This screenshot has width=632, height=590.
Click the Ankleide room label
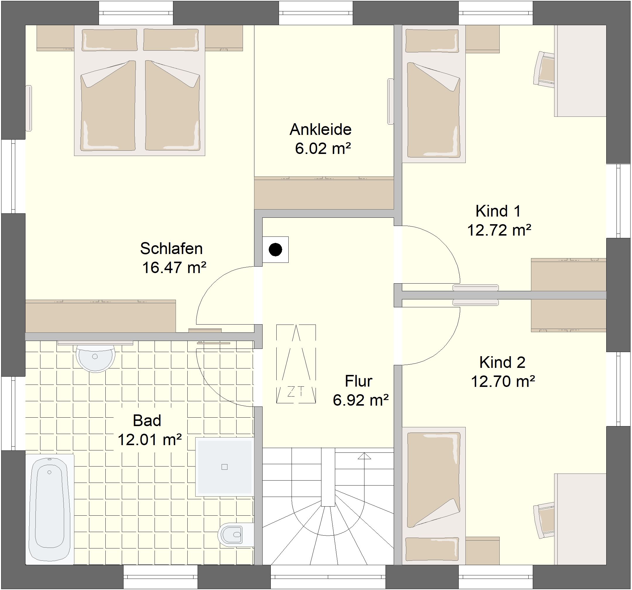[x=321, y=129]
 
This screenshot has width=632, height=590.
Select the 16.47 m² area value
[x=174, y=268]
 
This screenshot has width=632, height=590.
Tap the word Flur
[x=359, y=381]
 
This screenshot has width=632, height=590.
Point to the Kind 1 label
[x=498, y=211]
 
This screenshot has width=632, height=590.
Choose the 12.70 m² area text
[x=503, y=381]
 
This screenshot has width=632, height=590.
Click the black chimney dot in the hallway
[x=275, y=250]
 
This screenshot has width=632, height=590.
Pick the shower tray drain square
[x=225, y=467]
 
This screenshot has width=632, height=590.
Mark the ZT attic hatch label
[x=296, y=392]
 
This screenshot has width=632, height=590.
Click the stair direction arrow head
[x=364, y=456]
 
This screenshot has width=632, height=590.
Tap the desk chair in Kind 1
[x=544, y=69]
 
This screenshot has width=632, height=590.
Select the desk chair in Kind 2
[x=544, y=520]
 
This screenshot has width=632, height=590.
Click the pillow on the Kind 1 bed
[x=432, y=41]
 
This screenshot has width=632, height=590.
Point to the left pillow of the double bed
[x=110, y=40]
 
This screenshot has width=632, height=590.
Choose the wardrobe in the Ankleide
[x=324, y=193]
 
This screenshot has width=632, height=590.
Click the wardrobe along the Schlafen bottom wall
[x=100, y=316]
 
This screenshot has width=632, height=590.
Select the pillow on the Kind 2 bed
[x=432, y=549]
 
